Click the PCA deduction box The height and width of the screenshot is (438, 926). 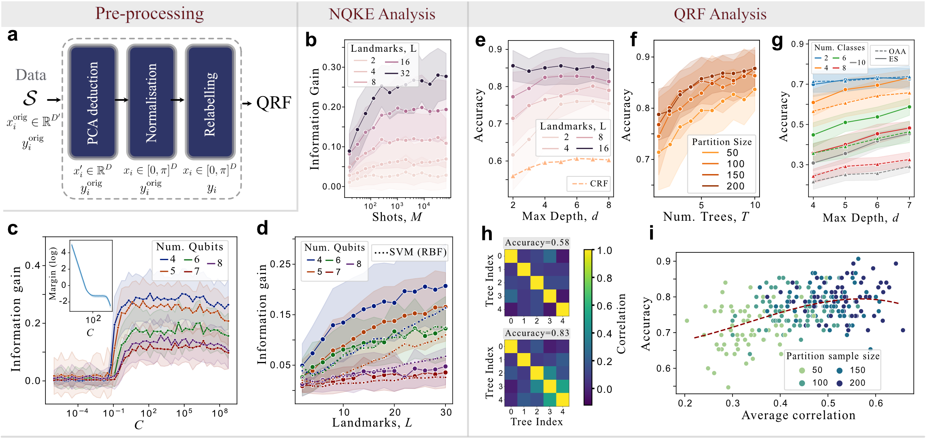pyautogui.click(x=93, y=102)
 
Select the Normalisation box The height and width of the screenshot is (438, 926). pyautogui.click(x=151, y=102)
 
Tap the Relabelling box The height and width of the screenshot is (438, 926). pyautogui.click(x=210, y=102)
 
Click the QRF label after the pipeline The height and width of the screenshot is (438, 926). pyautogui.click(x=274, y=103)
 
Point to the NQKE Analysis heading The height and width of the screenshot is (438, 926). pyautogui.click(x=381, y=14)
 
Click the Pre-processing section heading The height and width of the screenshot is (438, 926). pyautogui.click(x=150, y=14)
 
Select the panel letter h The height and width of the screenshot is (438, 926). pyautogui.click(x=487, y=234)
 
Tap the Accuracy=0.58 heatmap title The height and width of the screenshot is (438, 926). pyautogui.click(x=536, y=243)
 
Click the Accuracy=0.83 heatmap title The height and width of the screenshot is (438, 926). pyautogui.click(x=536, y=333)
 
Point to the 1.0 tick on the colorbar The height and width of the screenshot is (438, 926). pyautogui.click(x=604, y=251)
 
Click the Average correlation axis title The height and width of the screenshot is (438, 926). pyautogui.click(x=798, y=415)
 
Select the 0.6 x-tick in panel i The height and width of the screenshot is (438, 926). pyautogui.click(x=876, y=404)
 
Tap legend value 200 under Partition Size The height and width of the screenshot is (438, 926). pyautogui.click(x=735, y=186)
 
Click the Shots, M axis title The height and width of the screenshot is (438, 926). pyautogui.click(x=397, y=217)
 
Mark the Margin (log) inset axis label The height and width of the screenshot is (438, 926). pyautogui.click(x=53, y=274)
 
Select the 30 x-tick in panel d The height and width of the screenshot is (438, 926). pyautogui.click(x=446, y=412)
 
